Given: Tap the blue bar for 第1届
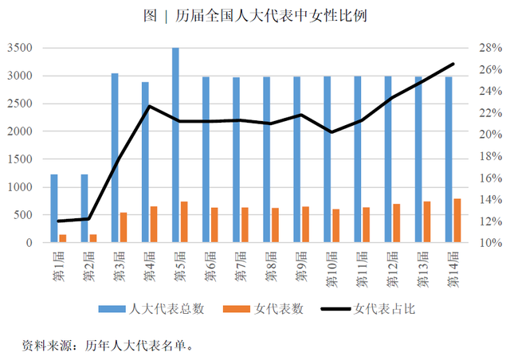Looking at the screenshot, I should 54,208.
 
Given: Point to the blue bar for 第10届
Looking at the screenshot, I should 327,159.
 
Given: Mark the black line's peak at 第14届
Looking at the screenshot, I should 453,64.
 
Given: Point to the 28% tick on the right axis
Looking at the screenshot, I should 488,49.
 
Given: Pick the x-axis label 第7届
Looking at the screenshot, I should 239,265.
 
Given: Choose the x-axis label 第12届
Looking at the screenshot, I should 391,268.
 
